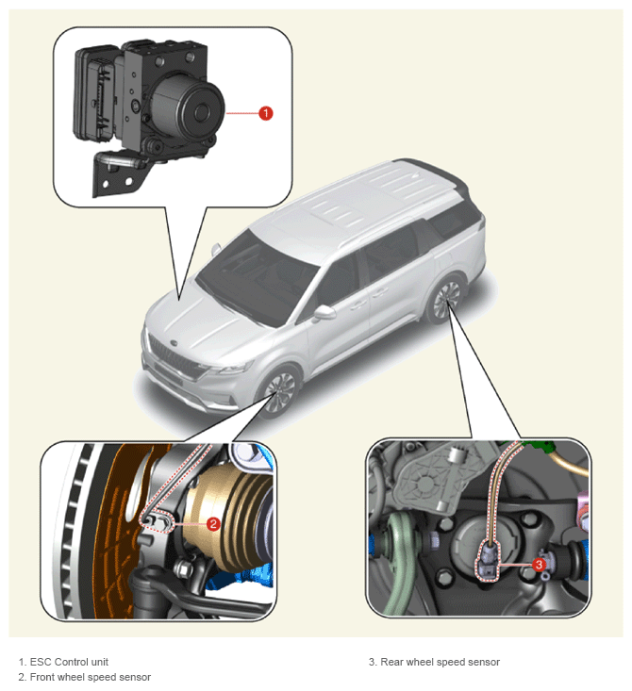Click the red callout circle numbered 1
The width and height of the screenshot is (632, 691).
click(265, 113)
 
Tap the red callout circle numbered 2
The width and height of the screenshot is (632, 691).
click(214, 524)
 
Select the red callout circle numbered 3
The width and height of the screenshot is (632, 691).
click(539, 565)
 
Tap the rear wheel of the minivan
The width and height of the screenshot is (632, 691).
click(445, 300)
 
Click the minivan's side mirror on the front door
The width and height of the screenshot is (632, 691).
click(324, 312)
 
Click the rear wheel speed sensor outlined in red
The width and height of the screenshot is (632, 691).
click(489, 561)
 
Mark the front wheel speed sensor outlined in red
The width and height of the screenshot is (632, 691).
click(157, 520)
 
